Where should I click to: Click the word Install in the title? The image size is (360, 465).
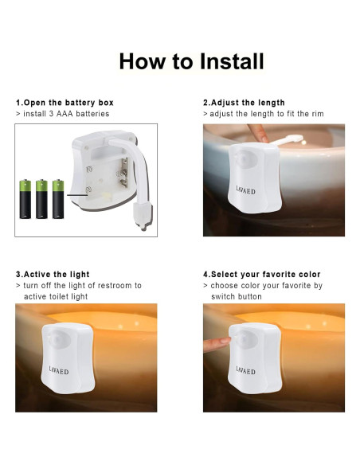pyautogui.click(x=232, y=61)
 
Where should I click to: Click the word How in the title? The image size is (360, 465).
pyautogui.click(x=142, y=61)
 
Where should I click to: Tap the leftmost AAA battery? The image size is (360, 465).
pyautogui.click(x=25, y=199)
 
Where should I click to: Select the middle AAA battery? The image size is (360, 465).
pyautogui.click(x=41, y=199)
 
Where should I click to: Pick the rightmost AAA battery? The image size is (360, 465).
pyautogui.click(x=58, y=199)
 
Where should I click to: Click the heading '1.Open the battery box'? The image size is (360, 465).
pyautogui.click(x=65, y=103)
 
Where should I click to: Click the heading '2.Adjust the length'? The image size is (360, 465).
pyautogui.click(x=244, y=103)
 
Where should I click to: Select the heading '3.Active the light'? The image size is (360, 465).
pyautogui.click(x=53, y=275)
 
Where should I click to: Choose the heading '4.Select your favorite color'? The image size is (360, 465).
pyautogui.click(x=261, y=275)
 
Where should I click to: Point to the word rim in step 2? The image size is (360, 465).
pyautogui.click(x=317, y=114)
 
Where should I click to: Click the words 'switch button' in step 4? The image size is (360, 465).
pyautogui.click(x=237, y=296)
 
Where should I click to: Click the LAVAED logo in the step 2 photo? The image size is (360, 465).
pyautogui.click(x=245, y=190)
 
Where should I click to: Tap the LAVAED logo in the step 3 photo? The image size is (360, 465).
pyautogui.click(x=59, y=370)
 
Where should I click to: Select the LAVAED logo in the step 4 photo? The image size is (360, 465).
pyautogui.click(x=245, y=370)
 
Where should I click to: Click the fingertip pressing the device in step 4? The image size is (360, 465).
pyautogui.click(x=226, y=340)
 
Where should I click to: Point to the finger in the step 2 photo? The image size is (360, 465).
pyautogui.click(x=258, y=133)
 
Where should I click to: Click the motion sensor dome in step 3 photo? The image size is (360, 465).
pyautogui.click(x=58, y=338)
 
